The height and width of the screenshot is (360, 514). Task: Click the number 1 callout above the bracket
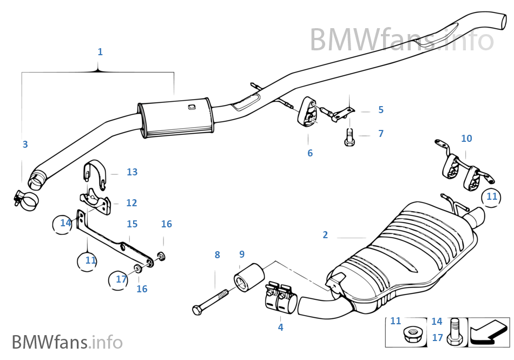click(x=100, y=52)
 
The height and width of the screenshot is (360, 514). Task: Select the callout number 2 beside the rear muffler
click(x=325, y=235)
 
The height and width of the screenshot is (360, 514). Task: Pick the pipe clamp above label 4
click(x=279, y=298)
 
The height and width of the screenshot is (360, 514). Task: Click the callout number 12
click(x=131, y=203)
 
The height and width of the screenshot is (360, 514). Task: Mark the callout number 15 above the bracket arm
click(x=132, y=224)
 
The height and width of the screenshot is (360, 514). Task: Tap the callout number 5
click(x=380, y=110)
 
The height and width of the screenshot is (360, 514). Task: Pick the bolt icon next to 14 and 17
click(x=454, y=330)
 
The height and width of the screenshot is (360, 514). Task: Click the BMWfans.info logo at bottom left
click(x=67, y=342)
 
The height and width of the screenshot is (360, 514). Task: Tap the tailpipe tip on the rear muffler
click(x=477, y=218)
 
